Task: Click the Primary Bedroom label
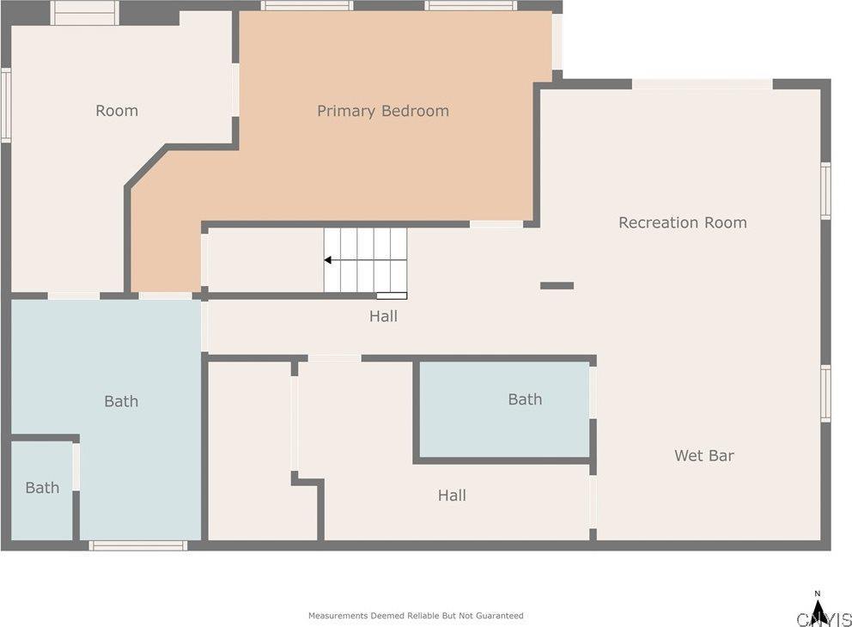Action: (383, 111)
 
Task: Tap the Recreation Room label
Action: (683, 222)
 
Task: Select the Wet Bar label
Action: (704, 455)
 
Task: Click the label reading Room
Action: (117, 111)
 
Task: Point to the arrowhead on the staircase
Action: (327, 260)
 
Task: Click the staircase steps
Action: (365, 260)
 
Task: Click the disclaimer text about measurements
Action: (416, 616)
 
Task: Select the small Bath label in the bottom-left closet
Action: (42, 487)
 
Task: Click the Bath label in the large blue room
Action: (121, 401)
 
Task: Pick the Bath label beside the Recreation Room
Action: (525, 399)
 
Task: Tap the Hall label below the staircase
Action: (383, 316)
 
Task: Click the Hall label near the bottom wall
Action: (452, 495)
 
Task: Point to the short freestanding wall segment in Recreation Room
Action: (557, 286)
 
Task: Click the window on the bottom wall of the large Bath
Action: (138, 545)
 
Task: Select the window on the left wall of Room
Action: (6, 105)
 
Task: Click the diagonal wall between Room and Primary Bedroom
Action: (146, 167)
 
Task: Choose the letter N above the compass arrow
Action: (818, 594)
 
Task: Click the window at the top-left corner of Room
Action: (85, 13)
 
